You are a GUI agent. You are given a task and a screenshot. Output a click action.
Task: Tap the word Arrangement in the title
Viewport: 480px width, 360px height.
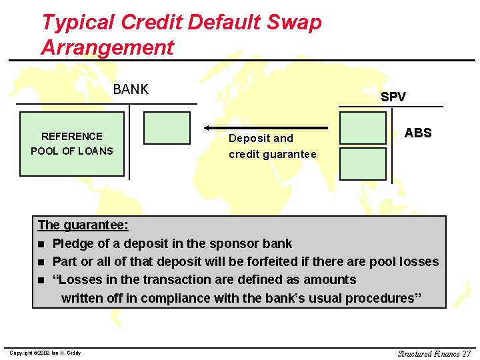pos(107,47)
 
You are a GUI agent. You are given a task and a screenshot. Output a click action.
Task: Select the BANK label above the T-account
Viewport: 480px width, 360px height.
pos(131,89)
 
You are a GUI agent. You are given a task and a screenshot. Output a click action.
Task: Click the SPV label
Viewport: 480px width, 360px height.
pos(393,97)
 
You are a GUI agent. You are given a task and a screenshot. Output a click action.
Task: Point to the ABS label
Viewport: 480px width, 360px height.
pos(418,133)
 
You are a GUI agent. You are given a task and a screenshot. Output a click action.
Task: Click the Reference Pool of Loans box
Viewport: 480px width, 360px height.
pos(72,144)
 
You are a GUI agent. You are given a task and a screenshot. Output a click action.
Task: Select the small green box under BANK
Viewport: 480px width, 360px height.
pos(167,127)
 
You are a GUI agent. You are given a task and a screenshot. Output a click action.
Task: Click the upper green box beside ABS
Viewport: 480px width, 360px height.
pos(363,127)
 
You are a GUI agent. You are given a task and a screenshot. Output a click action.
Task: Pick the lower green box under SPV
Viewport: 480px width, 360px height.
pos(363,163)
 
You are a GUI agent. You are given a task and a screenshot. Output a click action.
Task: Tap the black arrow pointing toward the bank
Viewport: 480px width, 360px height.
pos(266,127)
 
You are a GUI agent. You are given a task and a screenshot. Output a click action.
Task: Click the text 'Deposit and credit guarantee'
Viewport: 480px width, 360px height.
pos(272,146)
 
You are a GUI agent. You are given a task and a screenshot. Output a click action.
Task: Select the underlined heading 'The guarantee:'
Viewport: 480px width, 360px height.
pos(83,225)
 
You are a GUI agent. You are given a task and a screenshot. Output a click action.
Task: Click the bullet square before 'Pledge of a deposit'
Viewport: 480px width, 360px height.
pos(43,244)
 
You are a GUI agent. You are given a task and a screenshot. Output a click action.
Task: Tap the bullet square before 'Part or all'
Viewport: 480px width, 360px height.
pos(43,262)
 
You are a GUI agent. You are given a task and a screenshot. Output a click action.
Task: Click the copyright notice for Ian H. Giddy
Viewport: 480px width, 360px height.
pos(45,353)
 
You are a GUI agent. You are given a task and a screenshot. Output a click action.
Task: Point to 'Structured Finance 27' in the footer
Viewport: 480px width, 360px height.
pos(434,353)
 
